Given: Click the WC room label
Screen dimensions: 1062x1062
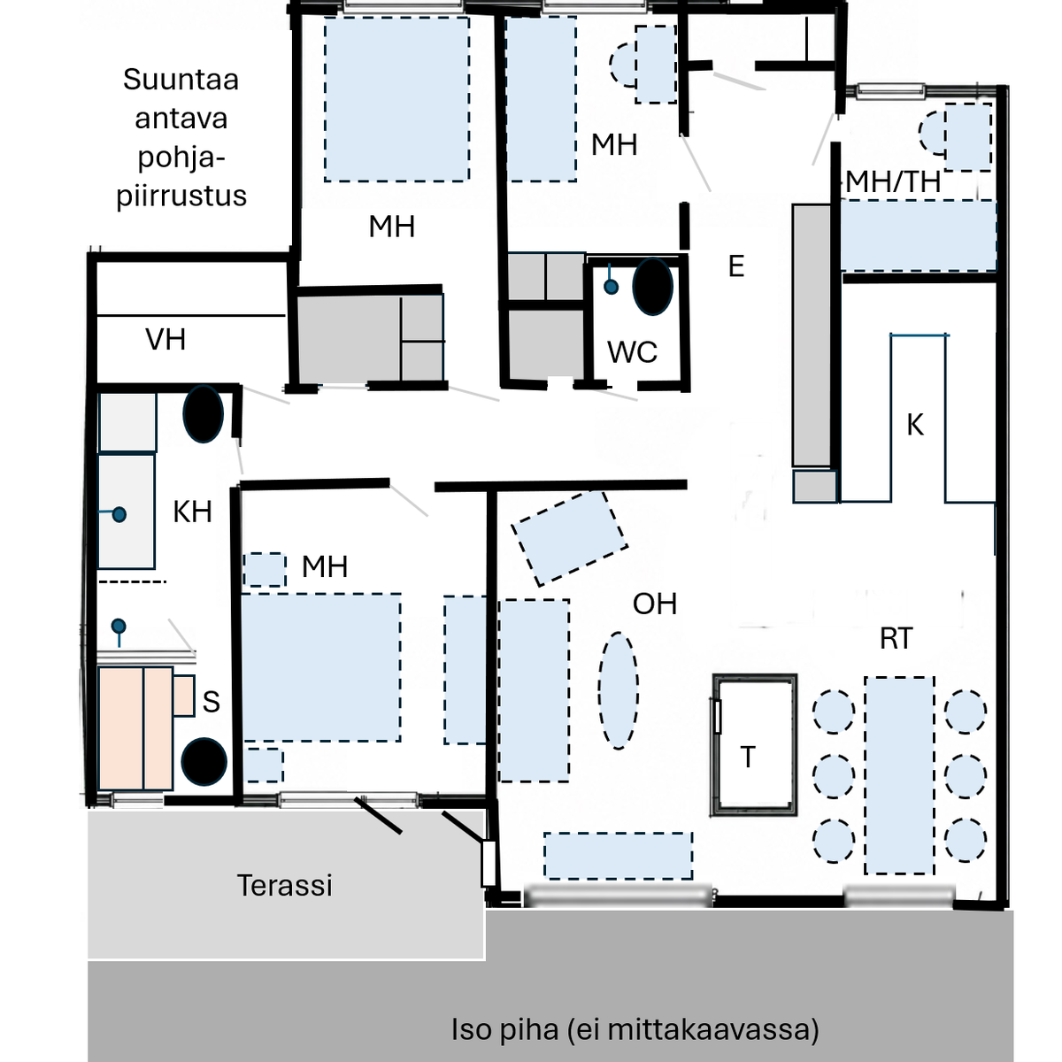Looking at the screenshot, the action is (x=632, y=351).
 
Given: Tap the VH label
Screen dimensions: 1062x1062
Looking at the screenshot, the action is (x=165, y=339).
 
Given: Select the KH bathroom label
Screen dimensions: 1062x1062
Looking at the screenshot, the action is (x=192, y=512).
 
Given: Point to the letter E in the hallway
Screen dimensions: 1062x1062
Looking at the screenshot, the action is (x=736, y=266).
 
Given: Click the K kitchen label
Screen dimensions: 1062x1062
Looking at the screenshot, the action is (x=915, y=425).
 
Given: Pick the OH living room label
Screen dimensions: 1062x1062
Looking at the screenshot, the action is (x=655, y=604).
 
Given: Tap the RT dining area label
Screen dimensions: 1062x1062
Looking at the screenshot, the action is (x=897, y=638).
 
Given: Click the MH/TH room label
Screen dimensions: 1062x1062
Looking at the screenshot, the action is (x=893, y=182).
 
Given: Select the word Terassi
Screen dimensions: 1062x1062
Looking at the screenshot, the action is (x=285, y=885).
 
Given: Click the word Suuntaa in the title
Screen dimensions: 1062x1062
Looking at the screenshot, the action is (x=181, y=80).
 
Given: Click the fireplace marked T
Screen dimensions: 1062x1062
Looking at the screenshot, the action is (x=755, y=744).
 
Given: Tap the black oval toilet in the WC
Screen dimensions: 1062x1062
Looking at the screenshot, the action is (x=652, y=287).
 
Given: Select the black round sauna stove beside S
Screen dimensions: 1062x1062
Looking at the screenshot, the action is (x=204, y=762).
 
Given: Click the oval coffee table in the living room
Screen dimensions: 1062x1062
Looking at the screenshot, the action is (x=619, y=690).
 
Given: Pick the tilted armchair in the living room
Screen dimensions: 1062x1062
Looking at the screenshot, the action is (x=570, y=538).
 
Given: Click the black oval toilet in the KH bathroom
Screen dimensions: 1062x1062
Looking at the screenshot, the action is (x=203, y=413).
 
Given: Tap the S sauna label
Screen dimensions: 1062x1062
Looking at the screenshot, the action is (x=212, y=702).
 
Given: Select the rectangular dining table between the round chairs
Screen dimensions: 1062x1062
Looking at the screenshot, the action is (x=899, y=775).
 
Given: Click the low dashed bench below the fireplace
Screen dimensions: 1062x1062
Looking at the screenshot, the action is (x=619, y=856).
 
